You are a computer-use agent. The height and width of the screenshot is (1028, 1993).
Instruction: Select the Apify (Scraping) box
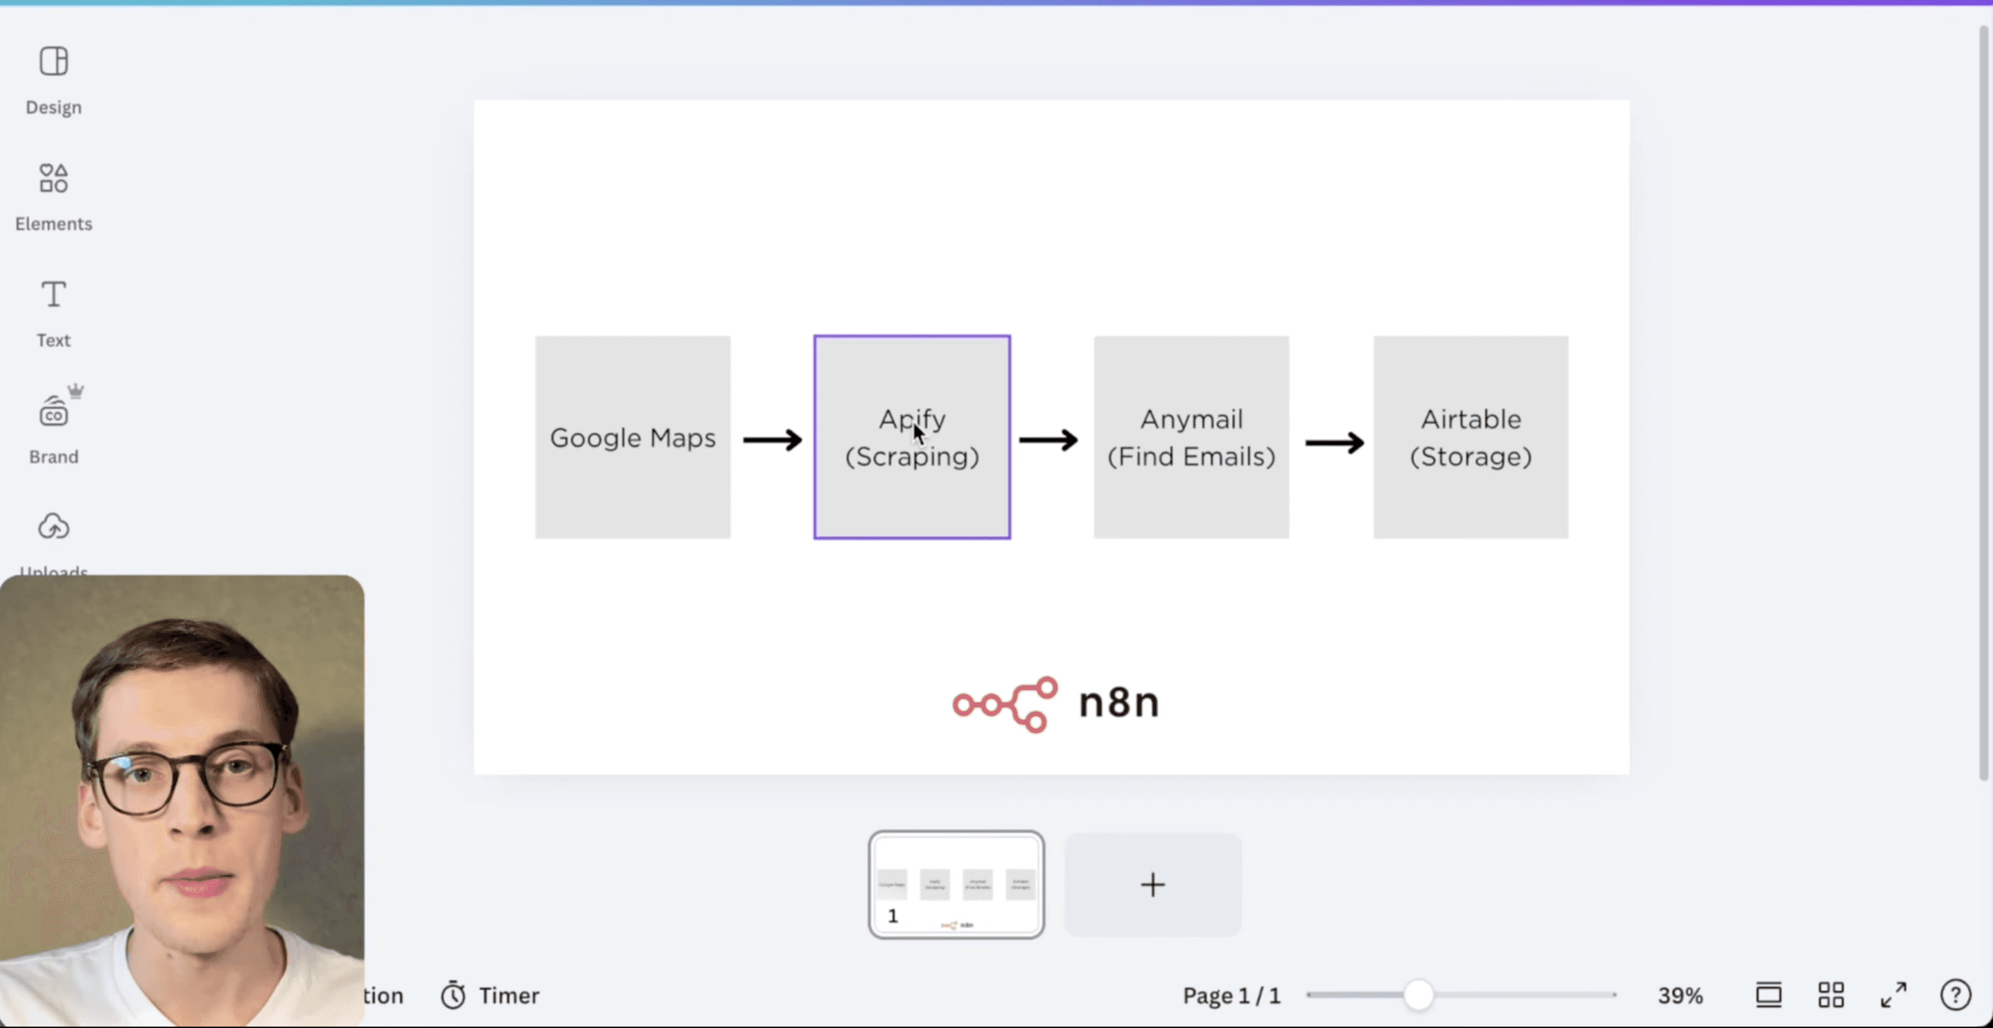[911, 495]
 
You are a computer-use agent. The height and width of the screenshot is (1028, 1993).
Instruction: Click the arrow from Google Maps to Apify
[772, 440]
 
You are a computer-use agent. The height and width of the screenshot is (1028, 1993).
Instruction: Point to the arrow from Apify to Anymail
[1048, 440]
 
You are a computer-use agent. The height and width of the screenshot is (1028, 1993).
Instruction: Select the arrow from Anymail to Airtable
[1334, 443]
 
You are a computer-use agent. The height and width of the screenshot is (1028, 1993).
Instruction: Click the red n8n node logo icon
[1004, 704]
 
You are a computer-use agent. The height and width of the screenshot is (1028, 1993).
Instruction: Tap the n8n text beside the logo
[1118, 703]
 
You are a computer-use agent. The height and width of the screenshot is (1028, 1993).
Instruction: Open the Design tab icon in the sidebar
[53, 61]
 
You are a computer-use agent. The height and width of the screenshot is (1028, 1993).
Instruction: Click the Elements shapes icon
[53, 178]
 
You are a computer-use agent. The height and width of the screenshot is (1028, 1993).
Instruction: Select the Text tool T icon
[53, 294]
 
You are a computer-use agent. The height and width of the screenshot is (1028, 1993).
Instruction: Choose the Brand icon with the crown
[54, 411]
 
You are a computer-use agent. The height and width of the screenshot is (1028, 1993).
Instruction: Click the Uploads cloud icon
[53, 526]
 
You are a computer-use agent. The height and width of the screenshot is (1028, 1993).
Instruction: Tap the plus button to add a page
[1152, 885]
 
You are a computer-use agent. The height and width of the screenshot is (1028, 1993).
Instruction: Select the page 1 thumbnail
[956, 885]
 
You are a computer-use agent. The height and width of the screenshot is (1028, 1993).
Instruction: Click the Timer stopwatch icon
[453, 995]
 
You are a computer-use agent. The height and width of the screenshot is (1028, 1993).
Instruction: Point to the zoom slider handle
[1418, 995]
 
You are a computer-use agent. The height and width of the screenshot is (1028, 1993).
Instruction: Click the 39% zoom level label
[1680, 995]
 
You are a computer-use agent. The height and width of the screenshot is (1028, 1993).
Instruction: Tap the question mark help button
[1954, 995]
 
